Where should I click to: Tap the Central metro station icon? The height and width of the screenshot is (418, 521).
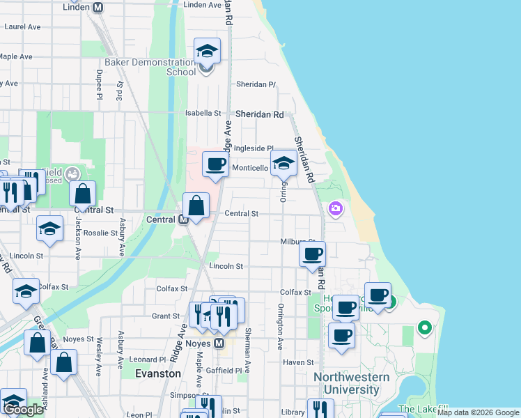pyautogui.click(x=184, y=219)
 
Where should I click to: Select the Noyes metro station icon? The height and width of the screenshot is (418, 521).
pyautogui.click(x=219, y=343)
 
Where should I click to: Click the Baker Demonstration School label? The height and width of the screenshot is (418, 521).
pyautogui.click(x=150, y=67)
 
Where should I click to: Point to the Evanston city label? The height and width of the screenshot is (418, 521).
pyautogui.click(x=157, y=373)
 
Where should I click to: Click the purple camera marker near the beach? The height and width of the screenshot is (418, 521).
pyautogui.click(x=336, y=208)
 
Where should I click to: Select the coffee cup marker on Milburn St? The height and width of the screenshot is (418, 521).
pyautogui.click(x=311, y=254)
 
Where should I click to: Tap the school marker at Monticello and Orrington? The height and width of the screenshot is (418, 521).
pyautogui.click(x=283, y=164)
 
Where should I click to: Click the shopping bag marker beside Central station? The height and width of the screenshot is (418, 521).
pyautogui.click(x=196, y=206)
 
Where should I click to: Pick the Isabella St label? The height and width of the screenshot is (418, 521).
pyautogui.click(x=203, y=113)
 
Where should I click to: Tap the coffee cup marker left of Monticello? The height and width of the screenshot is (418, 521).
pyautogui.click(x=215, y=165)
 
